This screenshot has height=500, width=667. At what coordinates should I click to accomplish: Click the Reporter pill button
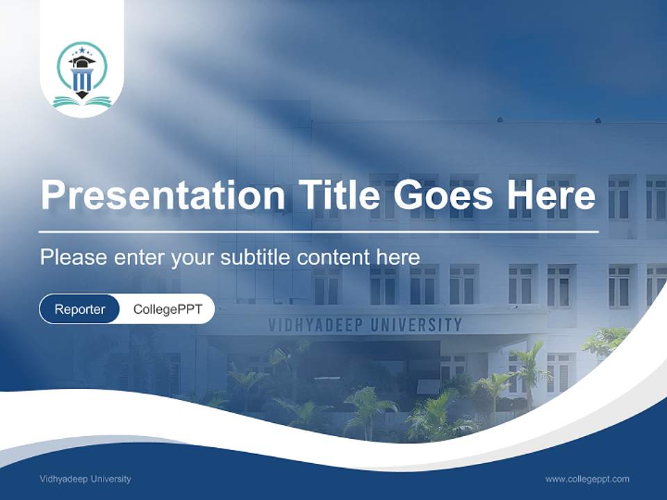click(80, 309)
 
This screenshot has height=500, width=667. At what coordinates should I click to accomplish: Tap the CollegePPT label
click(167, 309)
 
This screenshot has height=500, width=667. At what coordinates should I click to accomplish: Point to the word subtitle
click(256, 258)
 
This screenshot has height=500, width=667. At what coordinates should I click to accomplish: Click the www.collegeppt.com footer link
click(587, 479)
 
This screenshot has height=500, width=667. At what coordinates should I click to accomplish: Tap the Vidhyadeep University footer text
click(85, 479)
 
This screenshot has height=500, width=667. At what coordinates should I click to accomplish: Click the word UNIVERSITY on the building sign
click(420, 324)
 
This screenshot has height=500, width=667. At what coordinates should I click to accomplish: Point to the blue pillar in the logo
click(82, 81)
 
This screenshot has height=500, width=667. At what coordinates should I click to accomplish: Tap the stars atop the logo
click(82, 51)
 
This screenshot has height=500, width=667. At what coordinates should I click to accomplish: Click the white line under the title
click(319, 231)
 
